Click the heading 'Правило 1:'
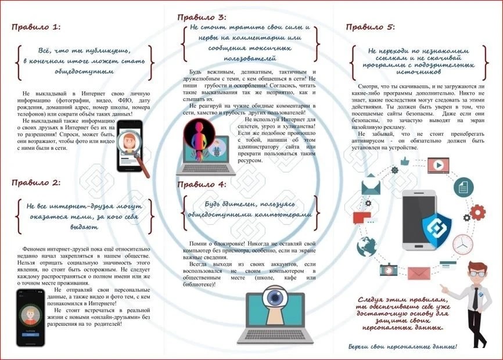pos(36,27)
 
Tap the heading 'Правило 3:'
pos(202,16)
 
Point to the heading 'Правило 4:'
pos(202,185)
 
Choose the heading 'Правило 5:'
pos(370,27)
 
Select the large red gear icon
pos(478,211)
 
